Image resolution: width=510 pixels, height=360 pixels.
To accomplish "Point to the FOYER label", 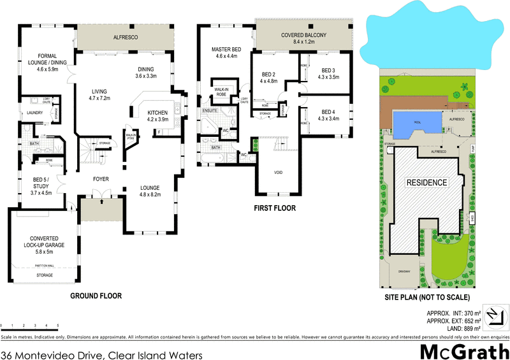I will [100, 179].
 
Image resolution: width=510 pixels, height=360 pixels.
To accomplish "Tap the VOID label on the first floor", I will [277, 172].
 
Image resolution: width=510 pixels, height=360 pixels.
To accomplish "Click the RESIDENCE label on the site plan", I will [426, 182].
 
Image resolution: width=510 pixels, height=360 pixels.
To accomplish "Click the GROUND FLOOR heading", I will [96, 296].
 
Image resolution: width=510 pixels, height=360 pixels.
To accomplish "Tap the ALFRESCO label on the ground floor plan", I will [125, 38].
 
